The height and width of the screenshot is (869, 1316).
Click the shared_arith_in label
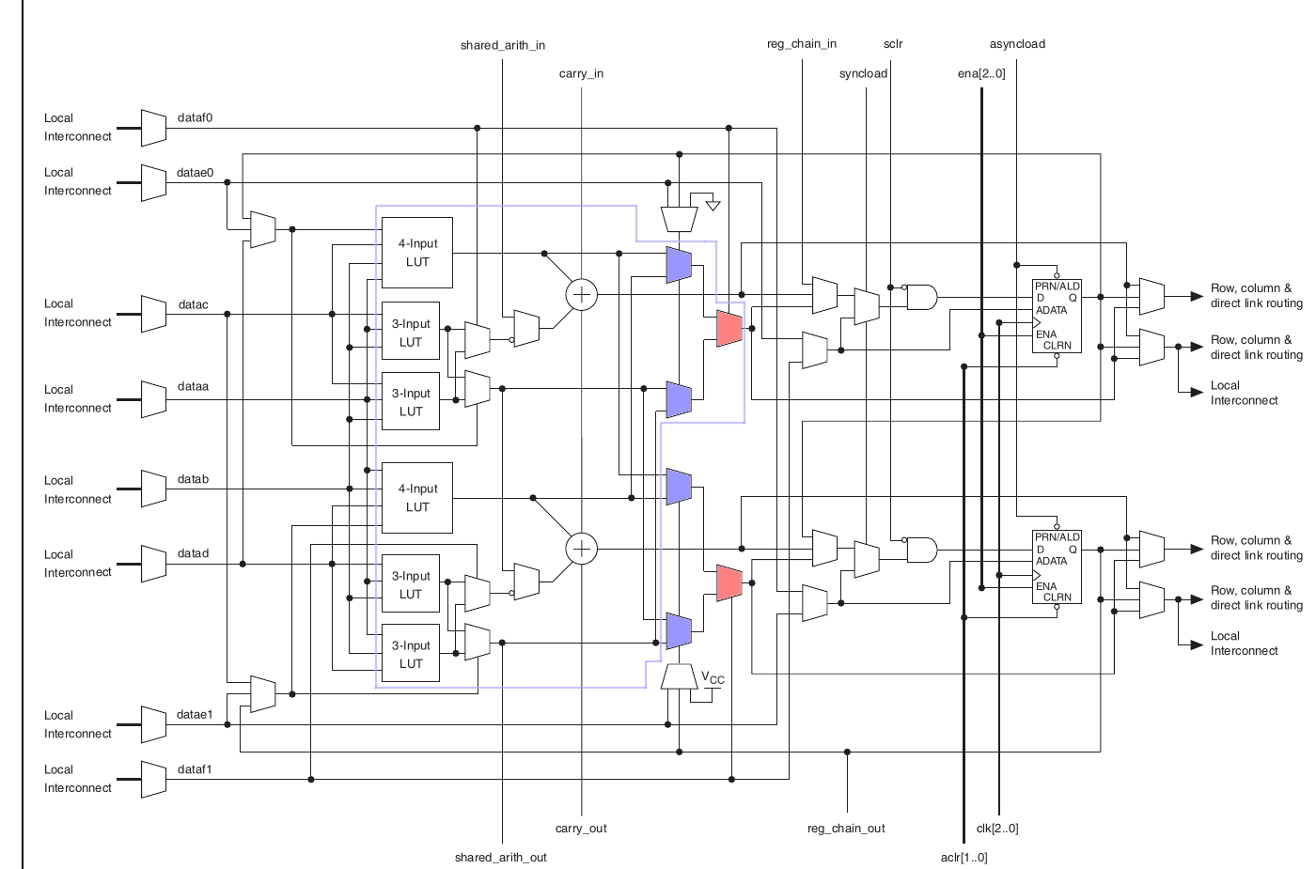[502, 45]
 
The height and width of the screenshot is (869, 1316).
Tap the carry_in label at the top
[581, 73]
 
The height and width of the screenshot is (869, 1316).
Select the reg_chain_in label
[801, 44]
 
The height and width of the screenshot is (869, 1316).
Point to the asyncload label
[1017, 44]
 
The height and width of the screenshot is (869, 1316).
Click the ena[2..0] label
[981, 73]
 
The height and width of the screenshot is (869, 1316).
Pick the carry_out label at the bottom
[581, 828]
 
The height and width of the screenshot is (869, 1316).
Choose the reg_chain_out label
[846, 828]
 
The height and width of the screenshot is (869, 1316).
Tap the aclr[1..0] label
[963, 857]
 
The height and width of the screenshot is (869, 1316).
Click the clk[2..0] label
[997, 828]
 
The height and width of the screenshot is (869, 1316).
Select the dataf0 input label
[195, 117]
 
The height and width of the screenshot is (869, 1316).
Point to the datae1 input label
[195, 714]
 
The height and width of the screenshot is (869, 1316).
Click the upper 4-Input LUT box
[417, 253]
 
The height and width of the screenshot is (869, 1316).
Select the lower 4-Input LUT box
[417, 498]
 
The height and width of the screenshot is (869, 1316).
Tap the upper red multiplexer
[728, 328]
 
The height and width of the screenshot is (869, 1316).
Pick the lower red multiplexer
[728, 583]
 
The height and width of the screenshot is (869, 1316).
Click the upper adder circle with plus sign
[582, 294]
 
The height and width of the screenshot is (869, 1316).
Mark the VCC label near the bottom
[713, 677]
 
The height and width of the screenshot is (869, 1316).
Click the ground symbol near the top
[713, 205]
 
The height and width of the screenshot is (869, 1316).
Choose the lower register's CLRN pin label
[1057, 597]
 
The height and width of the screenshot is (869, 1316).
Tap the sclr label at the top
[892, 44]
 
